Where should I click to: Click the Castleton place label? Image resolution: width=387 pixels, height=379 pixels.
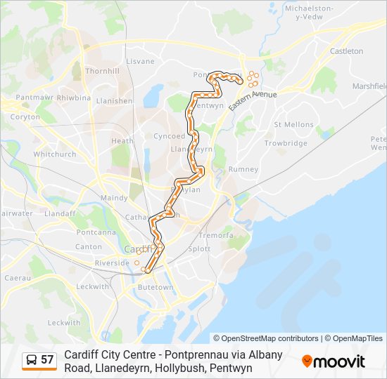346,51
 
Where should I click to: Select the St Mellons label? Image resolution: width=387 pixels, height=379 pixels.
293,124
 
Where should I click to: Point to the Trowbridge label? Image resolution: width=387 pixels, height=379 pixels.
286,143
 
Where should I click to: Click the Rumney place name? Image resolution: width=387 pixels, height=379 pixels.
243,169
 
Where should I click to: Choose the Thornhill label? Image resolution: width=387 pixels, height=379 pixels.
103,71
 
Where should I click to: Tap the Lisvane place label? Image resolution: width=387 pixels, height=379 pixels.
140,61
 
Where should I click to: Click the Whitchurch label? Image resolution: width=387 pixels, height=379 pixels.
54,154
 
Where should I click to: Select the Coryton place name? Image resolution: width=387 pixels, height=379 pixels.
25,117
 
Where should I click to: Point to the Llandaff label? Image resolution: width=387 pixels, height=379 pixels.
60,213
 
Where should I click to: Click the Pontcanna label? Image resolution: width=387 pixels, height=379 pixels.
96,232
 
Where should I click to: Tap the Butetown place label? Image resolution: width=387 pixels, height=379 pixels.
155,287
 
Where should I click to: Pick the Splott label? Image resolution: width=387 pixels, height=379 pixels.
199,248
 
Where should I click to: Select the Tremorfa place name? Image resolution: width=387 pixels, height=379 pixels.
215,235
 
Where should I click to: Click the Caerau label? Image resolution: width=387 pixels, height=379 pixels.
18,278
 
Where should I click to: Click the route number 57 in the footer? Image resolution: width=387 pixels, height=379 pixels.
47,360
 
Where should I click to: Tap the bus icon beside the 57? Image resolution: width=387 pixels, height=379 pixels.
32,360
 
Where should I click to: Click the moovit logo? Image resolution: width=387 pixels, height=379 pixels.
334,361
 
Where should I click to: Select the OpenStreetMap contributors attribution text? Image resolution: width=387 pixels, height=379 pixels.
266,338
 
